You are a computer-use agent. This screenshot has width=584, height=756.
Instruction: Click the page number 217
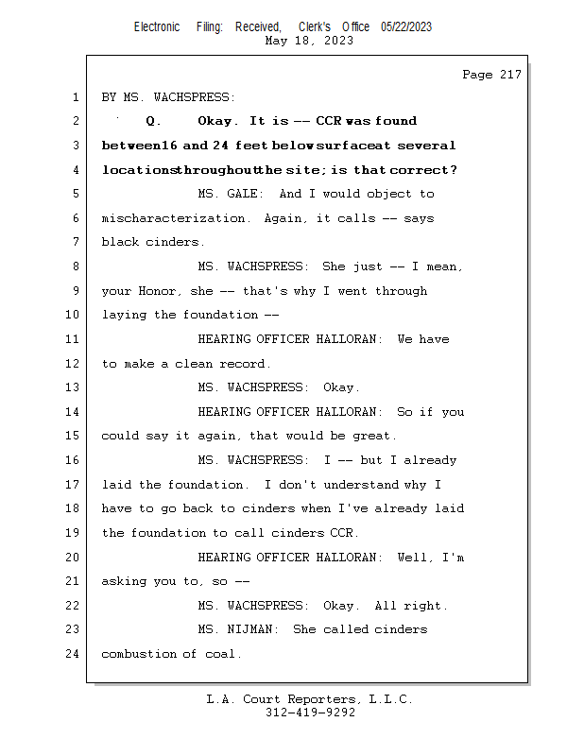510,75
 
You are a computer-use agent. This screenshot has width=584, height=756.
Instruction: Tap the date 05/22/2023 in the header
406,27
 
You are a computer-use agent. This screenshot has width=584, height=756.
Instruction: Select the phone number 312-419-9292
310,713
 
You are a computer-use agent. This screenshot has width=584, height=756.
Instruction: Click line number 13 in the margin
72,387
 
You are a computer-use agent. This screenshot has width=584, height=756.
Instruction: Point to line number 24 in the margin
72,654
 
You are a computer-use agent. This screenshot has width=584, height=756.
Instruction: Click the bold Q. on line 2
153,121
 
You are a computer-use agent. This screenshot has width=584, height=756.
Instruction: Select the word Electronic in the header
157,27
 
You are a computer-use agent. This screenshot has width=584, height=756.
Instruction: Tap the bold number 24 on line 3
220,146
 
